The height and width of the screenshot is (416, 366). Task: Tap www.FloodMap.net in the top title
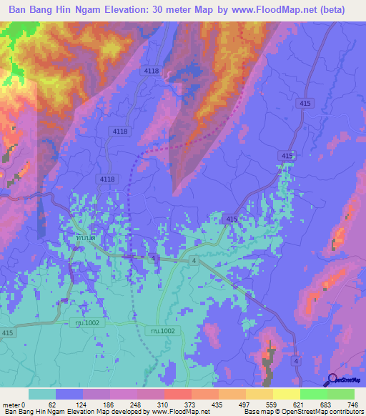(x=274, y=10)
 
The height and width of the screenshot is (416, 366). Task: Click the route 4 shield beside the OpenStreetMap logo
(x=295, y=362)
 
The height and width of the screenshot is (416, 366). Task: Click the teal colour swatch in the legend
(x=42, y=395)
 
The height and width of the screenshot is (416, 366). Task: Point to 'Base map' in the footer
(x=256, y=411)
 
